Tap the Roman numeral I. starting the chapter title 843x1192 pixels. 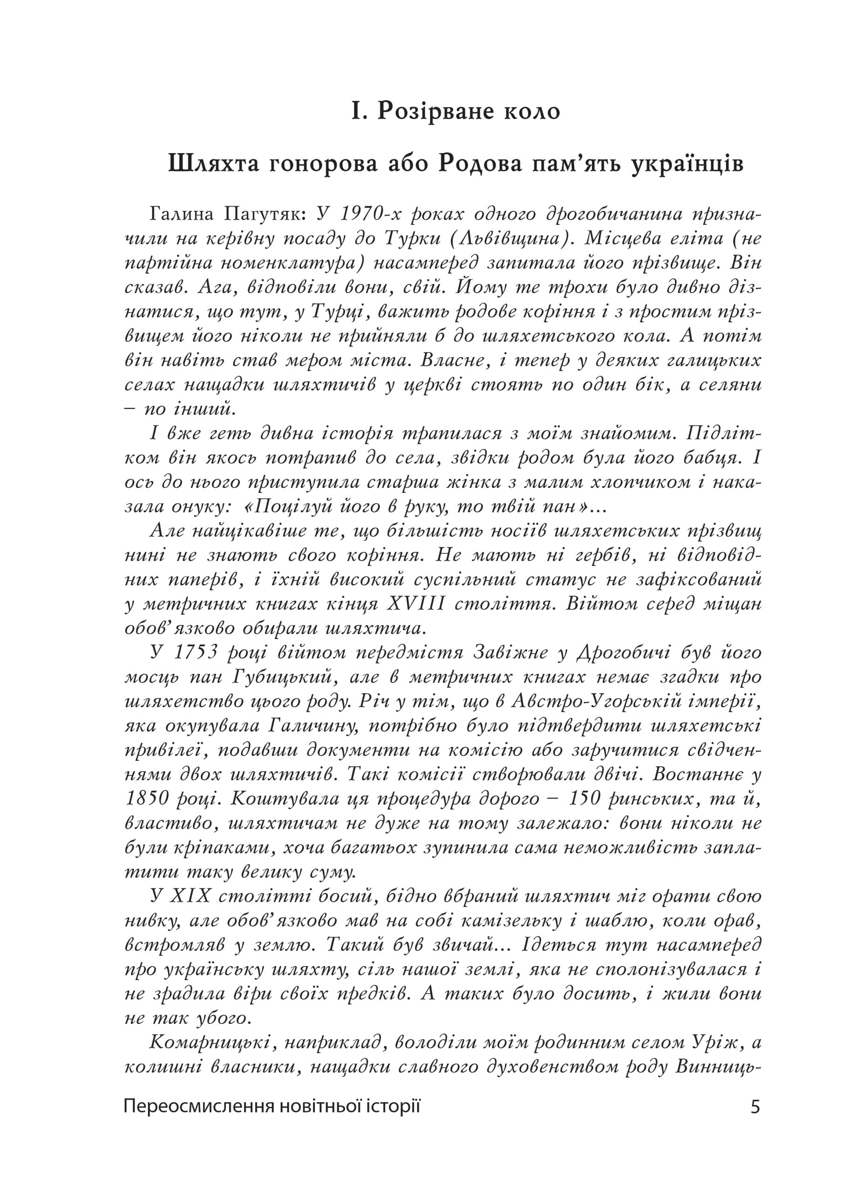(x=358, y=111)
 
